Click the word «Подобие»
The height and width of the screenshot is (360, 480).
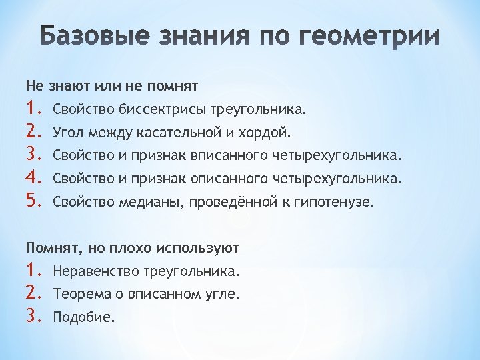point(83,317)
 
